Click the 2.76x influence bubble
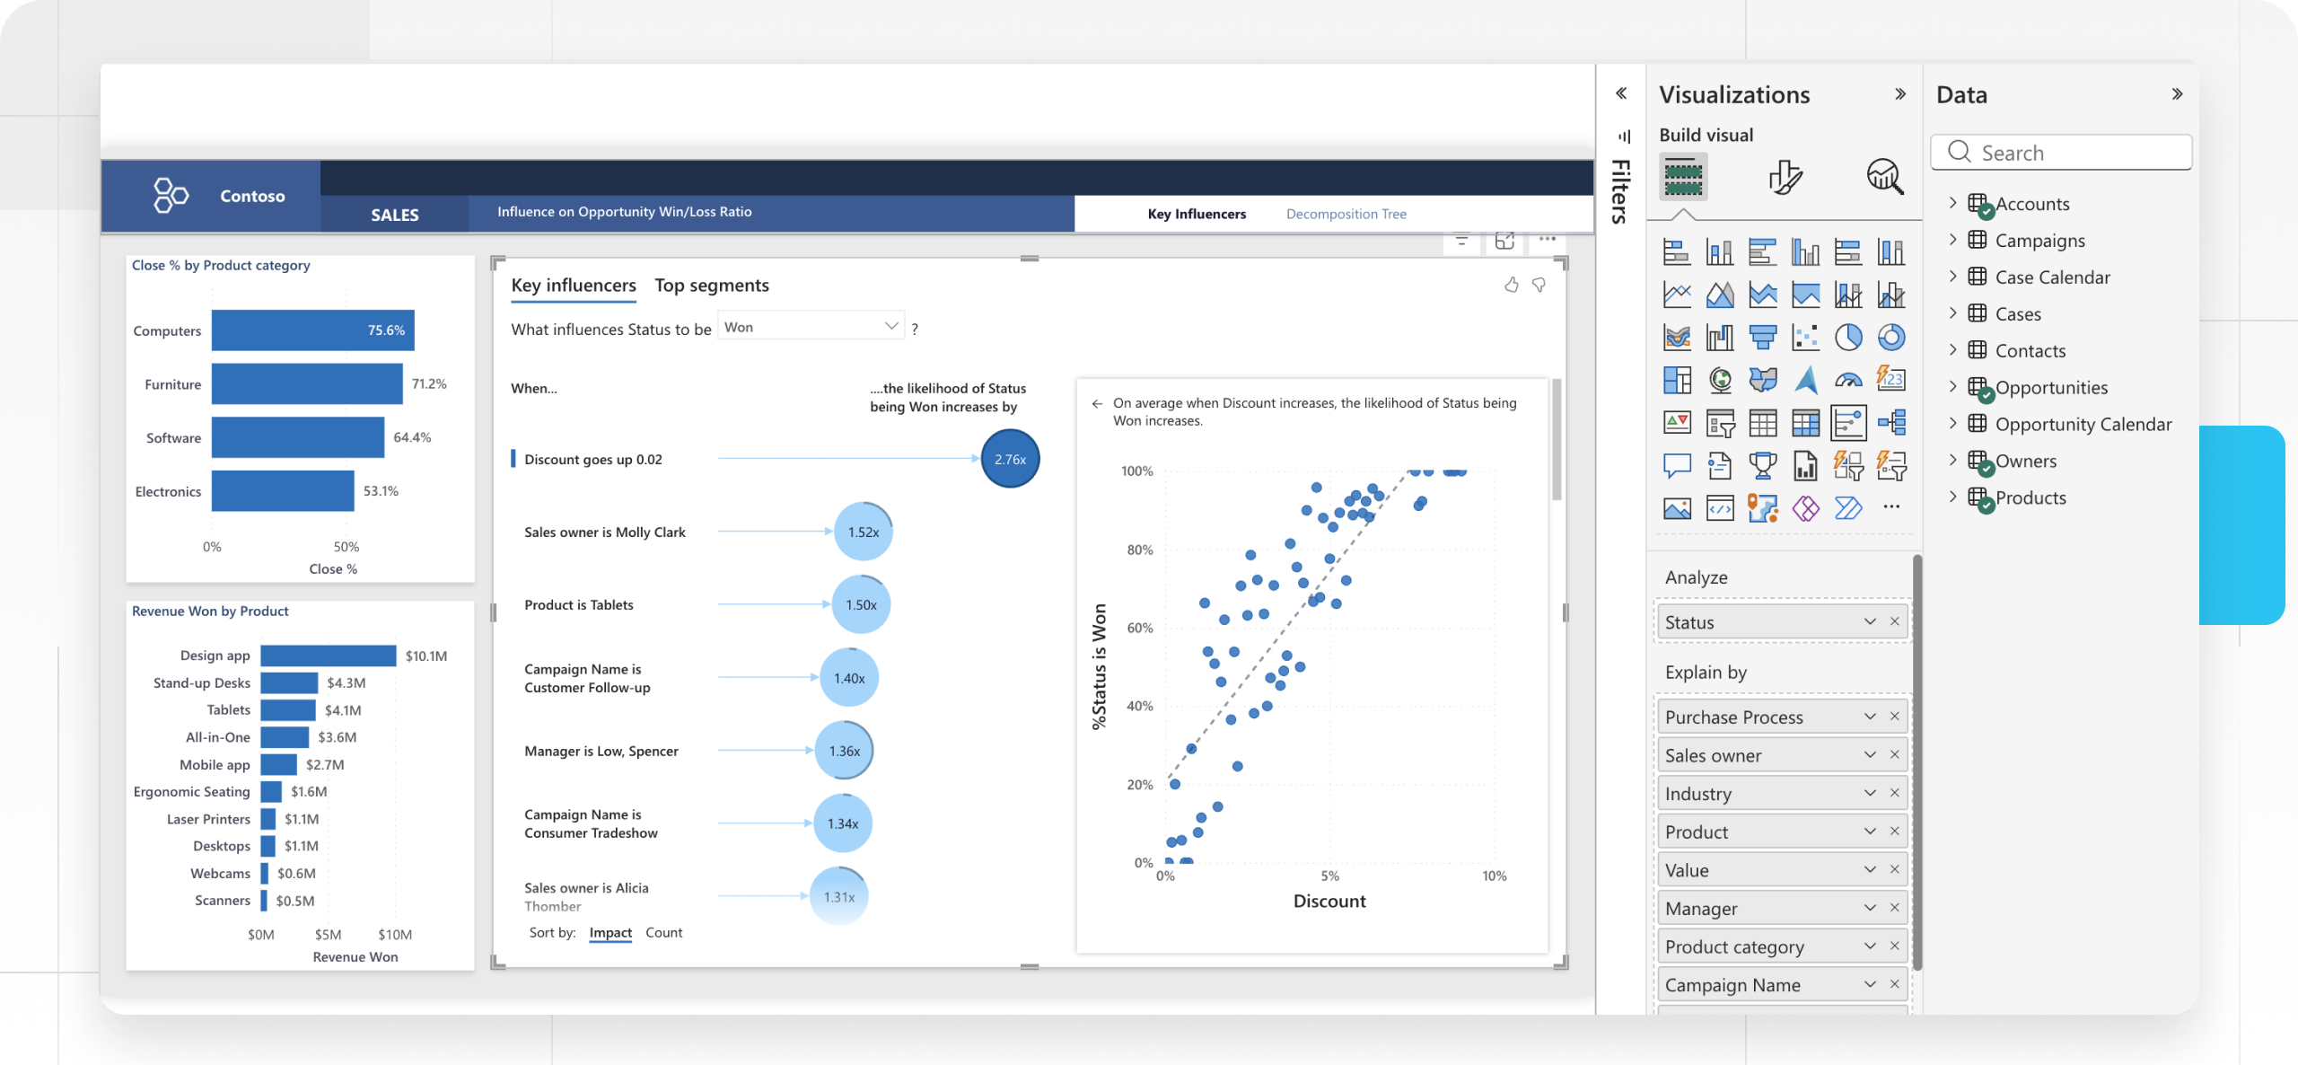(x=1009, y=459)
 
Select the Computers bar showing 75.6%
(x=312, y=330)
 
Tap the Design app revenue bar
(x=328, y=656)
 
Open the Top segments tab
(x=711, y=286)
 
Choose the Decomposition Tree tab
(x=1346, y=214)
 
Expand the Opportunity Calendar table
(x=1953, y=424)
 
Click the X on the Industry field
(x=1894, y=793)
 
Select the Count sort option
(x=663, y=933)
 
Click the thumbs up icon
(x=1512, y=286)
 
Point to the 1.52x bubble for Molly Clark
(x=863, y=532)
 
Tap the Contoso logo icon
(x=171, y=195)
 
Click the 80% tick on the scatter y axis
(x=1139, y=550)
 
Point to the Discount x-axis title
(x=1329, y=901)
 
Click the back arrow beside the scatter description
(x=1097, y=403)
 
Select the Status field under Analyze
(x=1759, y=622)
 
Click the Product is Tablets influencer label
(x=578, y=605)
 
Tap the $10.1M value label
(x=425, y=656)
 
